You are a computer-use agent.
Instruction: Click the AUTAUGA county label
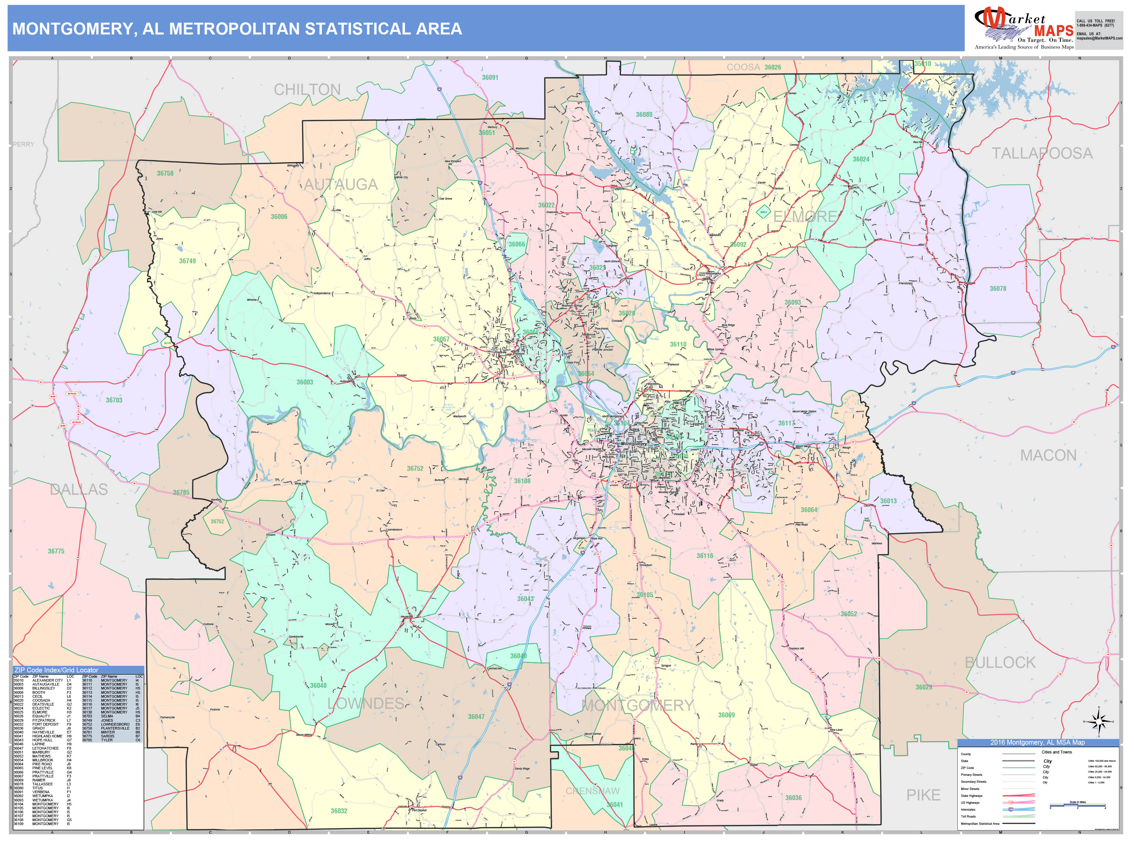click(341, 185)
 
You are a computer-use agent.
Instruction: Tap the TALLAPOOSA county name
click(1042, 153)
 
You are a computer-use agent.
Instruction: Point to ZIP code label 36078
click(997, 289)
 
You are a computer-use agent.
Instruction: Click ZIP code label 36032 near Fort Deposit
click(339, 811)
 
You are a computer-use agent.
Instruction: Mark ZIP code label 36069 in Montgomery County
click(726, 715)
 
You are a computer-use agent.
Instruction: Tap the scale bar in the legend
click(1077, 806)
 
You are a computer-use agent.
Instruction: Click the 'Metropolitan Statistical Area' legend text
click(980, 824)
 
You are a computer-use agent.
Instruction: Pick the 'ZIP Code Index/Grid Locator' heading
click(56, 670)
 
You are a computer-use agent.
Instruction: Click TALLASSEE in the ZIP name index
click(43, 784)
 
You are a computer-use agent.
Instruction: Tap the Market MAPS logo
click(1023, 28)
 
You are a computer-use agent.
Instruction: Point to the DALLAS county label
click(79, 490)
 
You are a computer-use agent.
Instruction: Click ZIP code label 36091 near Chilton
click(490, 77)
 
